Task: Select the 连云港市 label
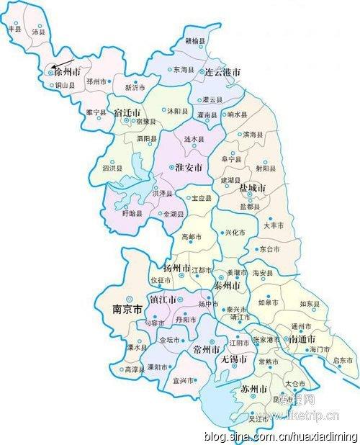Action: (220, 73)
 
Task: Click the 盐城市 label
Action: (252, 189)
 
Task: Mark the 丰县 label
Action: (14, 29)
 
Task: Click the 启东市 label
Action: (343, 359)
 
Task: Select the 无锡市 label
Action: (234, 358)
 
